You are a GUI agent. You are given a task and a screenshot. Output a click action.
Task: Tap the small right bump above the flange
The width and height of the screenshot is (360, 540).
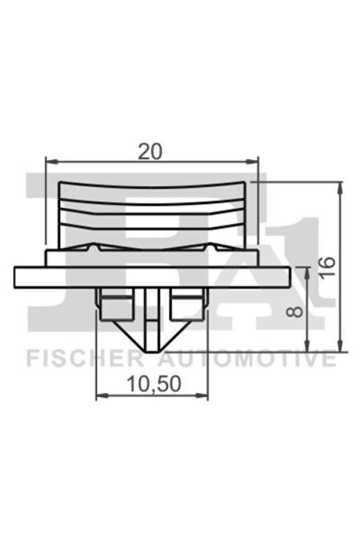[x=211, y=248]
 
